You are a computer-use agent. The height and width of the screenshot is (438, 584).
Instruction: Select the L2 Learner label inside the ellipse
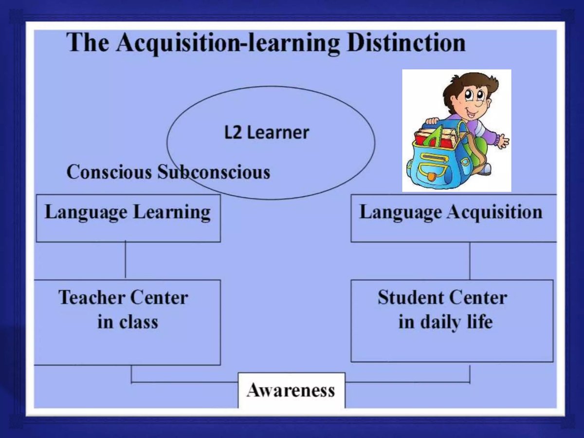(x=267, y=132)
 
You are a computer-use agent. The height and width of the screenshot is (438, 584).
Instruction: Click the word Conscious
(x=109, y=172)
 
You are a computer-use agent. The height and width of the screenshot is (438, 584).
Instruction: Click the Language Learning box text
(x=128, y=213)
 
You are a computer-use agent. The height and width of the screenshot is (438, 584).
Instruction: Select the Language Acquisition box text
(x=451, y=213)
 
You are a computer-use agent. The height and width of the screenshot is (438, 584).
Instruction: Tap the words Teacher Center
(x=123, y=297)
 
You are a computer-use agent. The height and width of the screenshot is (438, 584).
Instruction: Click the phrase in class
(x=128, y=322)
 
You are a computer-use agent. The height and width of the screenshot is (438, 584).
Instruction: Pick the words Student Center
(x=442, y=297)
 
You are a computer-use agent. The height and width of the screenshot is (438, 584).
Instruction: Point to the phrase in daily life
(x=445, y=322)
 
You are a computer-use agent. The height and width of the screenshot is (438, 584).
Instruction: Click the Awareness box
(x=291, y=390)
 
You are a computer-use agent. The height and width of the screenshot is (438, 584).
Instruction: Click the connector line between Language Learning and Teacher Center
(x=126, y=260)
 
